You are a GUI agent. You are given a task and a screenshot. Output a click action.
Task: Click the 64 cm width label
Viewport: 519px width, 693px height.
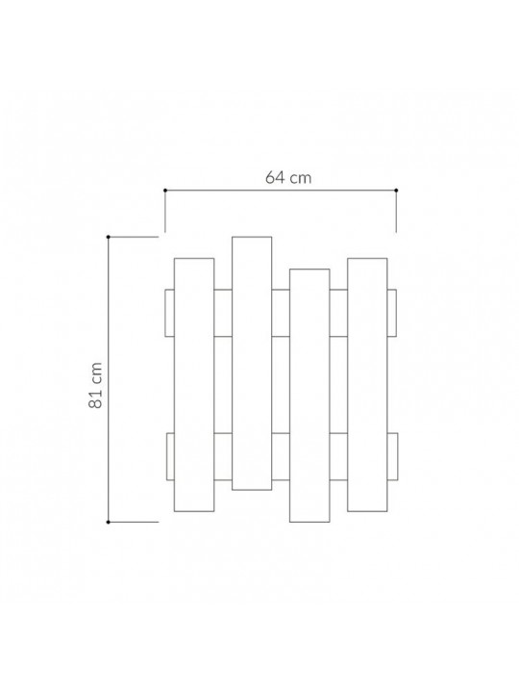pos(288,178)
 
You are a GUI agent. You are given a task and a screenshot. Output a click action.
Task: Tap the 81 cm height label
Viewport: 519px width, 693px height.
pos(96,385)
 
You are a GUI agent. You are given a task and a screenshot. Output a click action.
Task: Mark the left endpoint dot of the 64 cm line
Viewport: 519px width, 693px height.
pos(165,191)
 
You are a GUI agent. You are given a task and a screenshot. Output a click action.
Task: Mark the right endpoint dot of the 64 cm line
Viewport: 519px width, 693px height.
pos(396,191)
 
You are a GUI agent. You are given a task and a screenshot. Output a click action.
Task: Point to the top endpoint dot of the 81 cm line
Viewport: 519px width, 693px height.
pos(108,238)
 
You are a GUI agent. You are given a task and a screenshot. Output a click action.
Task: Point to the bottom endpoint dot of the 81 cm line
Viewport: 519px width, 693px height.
pos(108,522)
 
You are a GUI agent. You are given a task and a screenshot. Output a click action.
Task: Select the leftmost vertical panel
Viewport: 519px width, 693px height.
pos(194,385)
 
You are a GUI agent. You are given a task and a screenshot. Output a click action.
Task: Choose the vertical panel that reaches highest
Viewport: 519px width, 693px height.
pos(252,363)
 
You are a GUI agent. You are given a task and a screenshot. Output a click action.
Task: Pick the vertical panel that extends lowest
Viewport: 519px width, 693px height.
pos(309,396)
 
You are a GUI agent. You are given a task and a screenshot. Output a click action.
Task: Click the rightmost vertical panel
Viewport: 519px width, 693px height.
pos(367,385)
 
